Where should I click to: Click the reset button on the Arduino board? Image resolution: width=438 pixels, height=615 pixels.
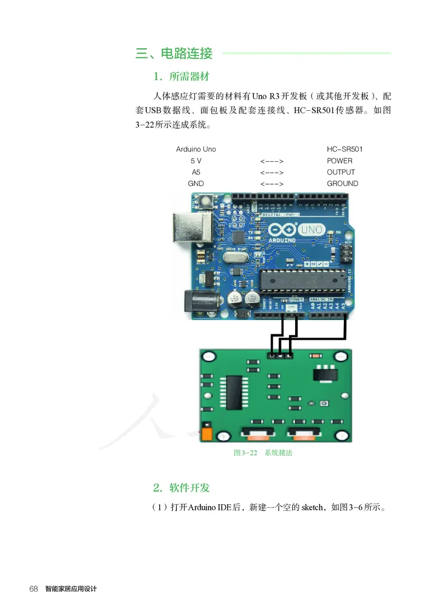[207, 201]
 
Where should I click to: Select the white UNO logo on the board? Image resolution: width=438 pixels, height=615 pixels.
[312, 230]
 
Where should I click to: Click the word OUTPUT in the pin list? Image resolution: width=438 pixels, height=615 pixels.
[341, 172]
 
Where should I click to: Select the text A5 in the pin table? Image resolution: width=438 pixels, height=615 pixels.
[196, 172]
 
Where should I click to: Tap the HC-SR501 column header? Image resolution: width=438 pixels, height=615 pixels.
[345, 149]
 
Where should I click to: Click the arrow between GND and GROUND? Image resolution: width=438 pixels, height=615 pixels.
[272, 184]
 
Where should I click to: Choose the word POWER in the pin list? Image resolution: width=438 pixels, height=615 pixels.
[339, 161]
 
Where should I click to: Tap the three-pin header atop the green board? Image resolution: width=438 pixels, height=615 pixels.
[280, 356]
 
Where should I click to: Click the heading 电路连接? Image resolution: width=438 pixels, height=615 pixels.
[187, 54]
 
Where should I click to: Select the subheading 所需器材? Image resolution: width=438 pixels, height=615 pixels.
[189, 76]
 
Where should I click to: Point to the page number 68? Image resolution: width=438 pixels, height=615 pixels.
[33, 589]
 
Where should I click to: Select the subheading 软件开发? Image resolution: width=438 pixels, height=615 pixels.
[189, 488]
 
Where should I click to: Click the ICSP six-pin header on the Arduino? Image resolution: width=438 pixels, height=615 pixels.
[346, 253]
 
